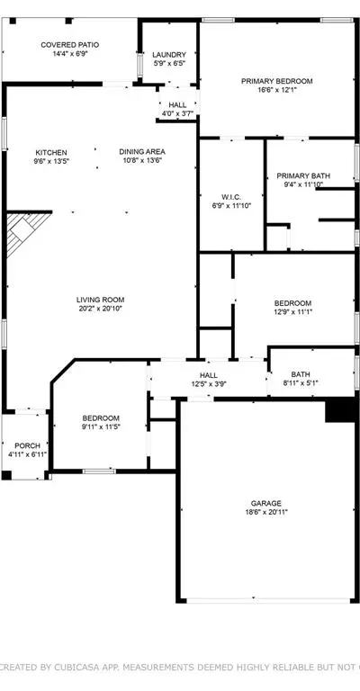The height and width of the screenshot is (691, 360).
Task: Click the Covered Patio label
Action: point(69,45)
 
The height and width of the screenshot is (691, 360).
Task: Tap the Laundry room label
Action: point(169,55)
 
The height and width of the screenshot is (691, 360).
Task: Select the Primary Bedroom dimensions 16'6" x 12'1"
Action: point(276,90)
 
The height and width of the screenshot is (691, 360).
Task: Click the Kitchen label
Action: point(52,152)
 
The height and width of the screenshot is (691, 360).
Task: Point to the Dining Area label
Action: point(142,151)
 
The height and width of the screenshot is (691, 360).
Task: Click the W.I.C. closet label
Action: point(231,197)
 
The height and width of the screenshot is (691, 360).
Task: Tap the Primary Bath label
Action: point(303,175)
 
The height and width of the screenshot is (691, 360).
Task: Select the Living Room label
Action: point(100,300)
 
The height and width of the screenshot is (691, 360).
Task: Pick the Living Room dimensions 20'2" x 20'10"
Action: point(100,309)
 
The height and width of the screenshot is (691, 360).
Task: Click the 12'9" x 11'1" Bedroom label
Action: point(292,303)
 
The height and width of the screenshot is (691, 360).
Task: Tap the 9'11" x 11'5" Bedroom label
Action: point(101,418)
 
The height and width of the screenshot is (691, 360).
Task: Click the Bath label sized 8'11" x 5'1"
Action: point(300,374)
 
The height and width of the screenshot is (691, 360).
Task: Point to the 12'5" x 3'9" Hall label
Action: point(209,375)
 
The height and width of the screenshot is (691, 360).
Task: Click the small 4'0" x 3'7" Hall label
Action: point(177,105)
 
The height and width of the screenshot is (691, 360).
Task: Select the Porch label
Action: point(27,446)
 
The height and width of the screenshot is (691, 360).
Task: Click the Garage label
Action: point(266,503)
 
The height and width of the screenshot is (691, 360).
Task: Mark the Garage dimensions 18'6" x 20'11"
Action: point(266,512)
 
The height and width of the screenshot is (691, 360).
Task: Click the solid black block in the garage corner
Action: point(340,410)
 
